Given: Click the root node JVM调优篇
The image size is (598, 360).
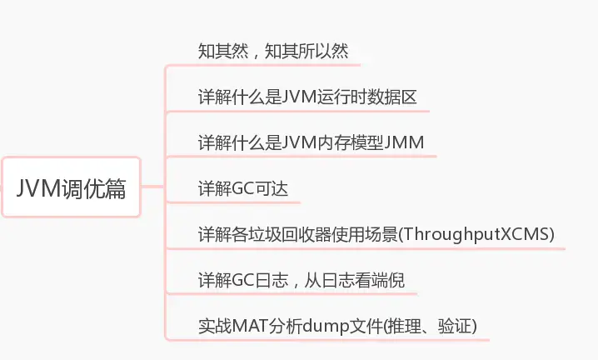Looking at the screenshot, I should (x=71, y=187).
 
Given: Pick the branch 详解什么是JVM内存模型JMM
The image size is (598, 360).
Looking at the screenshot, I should (x=311, y=142).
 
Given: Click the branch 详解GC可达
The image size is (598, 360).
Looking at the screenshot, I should (x=242, y=188).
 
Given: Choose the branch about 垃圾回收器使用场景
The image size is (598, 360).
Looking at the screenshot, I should (x=376, y=234).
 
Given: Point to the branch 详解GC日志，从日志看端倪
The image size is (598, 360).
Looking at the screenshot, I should (x=301, y=280).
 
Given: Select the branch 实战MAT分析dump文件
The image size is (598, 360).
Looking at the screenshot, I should (x=336, y=326).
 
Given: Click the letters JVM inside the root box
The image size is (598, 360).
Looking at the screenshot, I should (x=40, y=187).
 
